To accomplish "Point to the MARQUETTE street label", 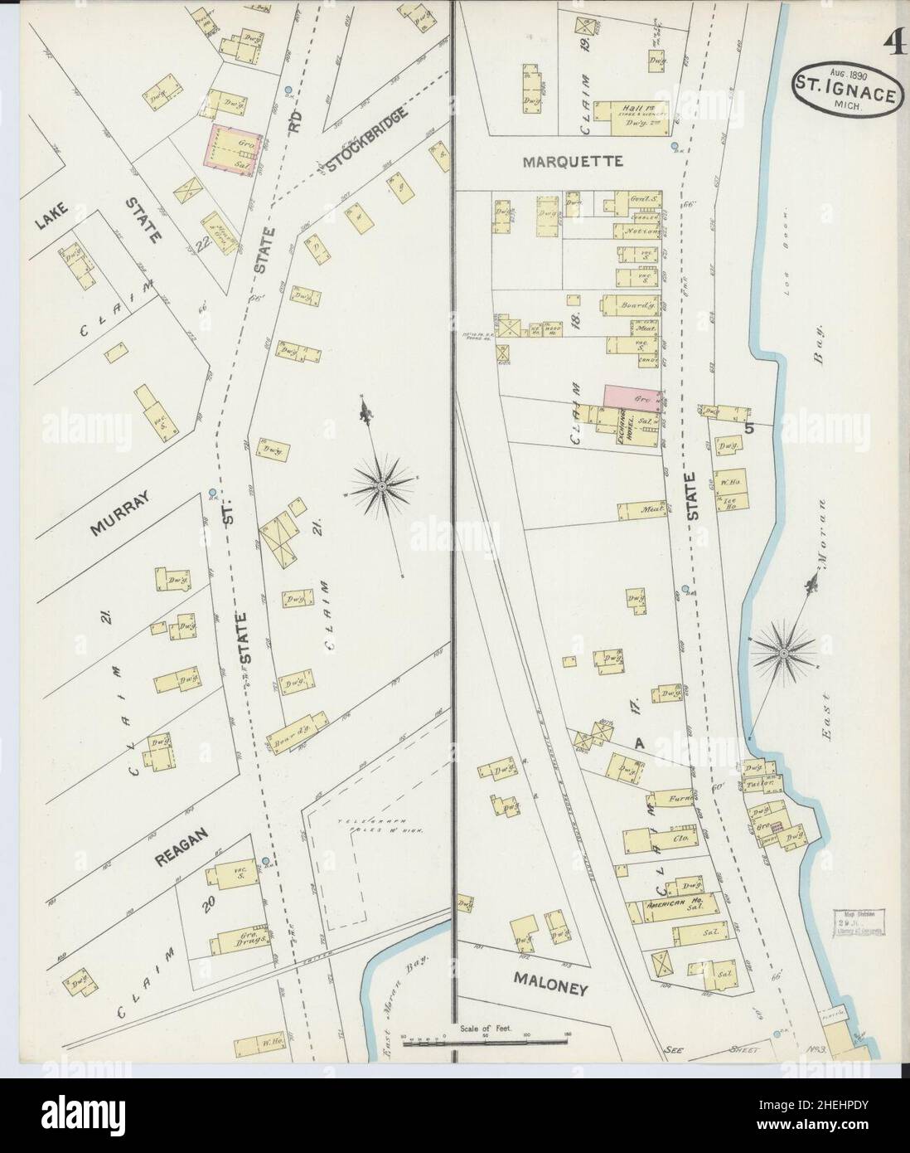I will click(x=572, y=162).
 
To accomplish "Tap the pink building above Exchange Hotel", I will click(x=632, y=396).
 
